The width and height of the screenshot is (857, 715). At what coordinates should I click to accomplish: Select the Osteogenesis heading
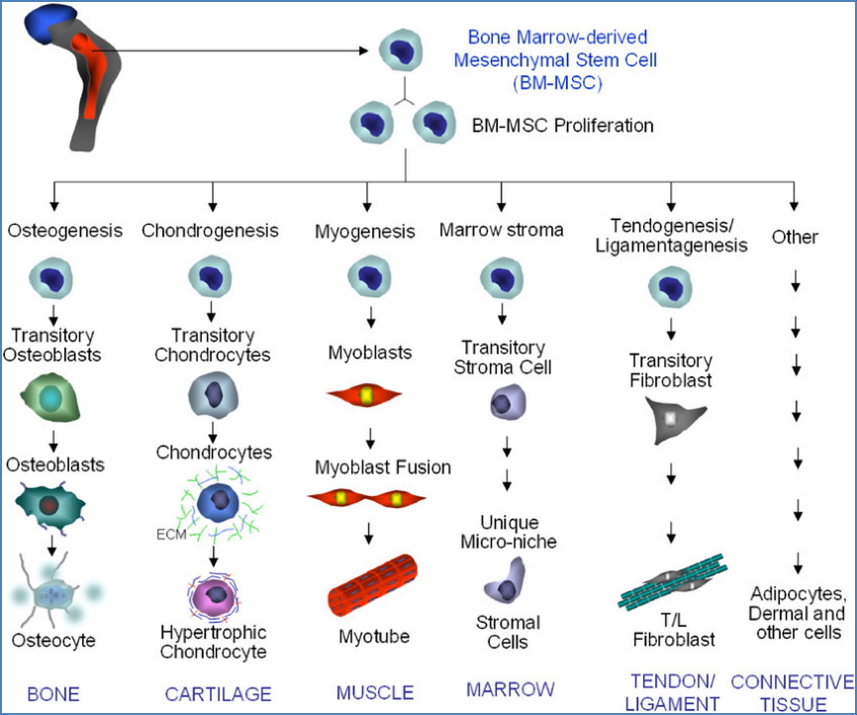coord(65,231)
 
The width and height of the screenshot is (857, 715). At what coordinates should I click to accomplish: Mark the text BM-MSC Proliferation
coord(562,126)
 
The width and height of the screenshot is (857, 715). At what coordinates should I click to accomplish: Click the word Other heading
coord(794,237)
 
